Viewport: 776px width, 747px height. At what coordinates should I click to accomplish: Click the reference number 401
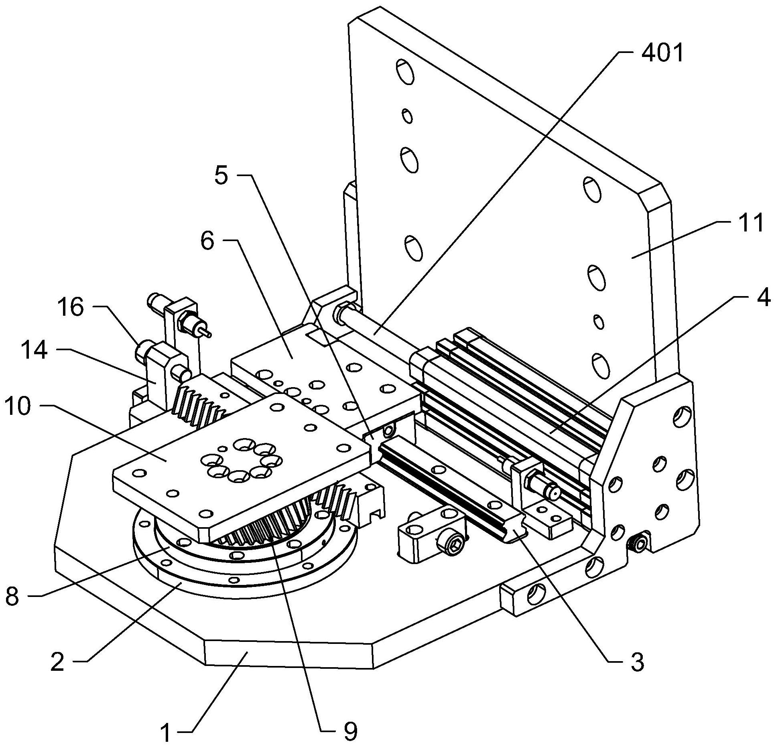(662, 53)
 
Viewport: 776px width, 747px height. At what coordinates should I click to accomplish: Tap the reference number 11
(751, 223)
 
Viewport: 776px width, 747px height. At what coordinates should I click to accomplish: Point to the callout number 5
(221, 176)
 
